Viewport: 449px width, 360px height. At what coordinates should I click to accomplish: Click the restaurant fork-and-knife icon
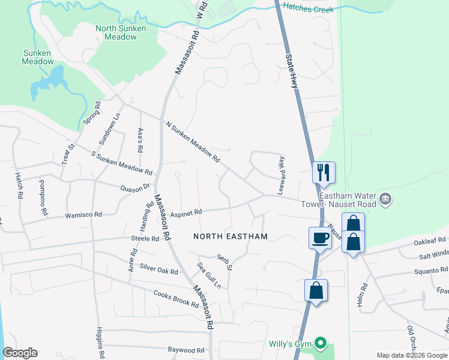pyautogui.click(x=324, y=172)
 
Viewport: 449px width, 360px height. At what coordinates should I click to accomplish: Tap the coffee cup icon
pyautogui.click(x=319, y=237)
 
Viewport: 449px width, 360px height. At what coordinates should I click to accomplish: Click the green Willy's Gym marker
pyautogui.click(x=321, y=344)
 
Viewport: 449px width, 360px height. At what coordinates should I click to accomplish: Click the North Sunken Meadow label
pyautogui.click(x=116, y=32)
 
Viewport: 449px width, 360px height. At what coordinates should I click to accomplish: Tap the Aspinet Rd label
pyautogui.click(x=187, y=212)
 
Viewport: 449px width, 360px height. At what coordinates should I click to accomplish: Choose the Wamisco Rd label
pyautogui.click(x=84, y=214)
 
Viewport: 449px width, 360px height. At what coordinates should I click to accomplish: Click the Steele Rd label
pyautogui.click(x=145, y=238)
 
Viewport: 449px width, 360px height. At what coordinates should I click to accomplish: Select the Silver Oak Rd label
pyautogui.click(x=158, y=269)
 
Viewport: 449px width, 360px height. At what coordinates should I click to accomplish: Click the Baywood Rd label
pyautogui.click(x=186, y=350)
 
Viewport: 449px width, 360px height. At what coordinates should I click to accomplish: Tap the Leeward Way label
pyautogui.click(x=280, y=175)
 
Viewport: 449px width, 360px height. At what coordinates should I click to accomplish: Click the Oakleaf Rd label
pyautogui.click(x=430, y=242)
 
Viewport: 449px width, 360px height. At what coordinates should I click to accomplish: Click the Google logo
pyautogui.click(x=20, y=353)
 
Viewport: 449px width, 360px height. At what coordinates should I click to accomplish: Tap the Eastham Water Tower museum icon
pyautogui.click(x=385, y=198)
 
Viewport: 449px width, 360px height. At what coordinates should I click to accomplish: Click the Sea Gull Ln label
pyautogui.click(x=208, y=275)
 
